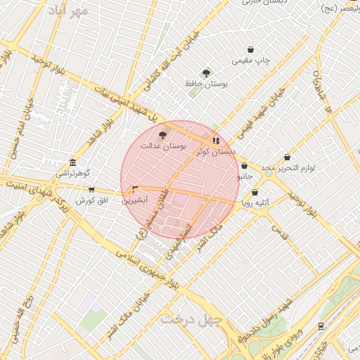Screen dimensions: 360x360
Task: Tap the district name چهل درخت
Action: (x=191, y=319)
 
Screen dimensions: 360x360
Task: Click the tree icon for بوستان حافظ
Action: (x=206, y=73)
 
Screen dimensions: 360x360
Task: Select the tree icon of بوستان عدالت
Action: (x=163, y=134)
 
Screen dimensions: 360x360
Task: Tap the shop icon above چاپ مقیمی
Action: (x=250, y=49)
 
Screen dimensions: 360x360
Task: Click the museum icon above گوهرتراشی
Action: (x=73, y=162)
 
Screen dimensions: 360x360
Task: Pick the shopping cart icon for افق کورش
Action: (x=91, y=189)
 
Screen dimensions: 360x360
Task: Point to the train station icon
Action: (x=321, y=326)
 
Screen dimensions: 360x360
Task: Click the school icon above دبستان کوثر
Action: (x=215, y=140)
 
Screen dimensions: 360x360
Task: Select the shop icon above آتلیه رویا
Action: (x=255, y=192)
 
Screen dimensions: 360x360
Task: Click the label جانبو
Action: (x=244, y=176)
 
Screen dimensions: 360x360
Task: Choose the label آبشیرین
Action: (x=135, y=200)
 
